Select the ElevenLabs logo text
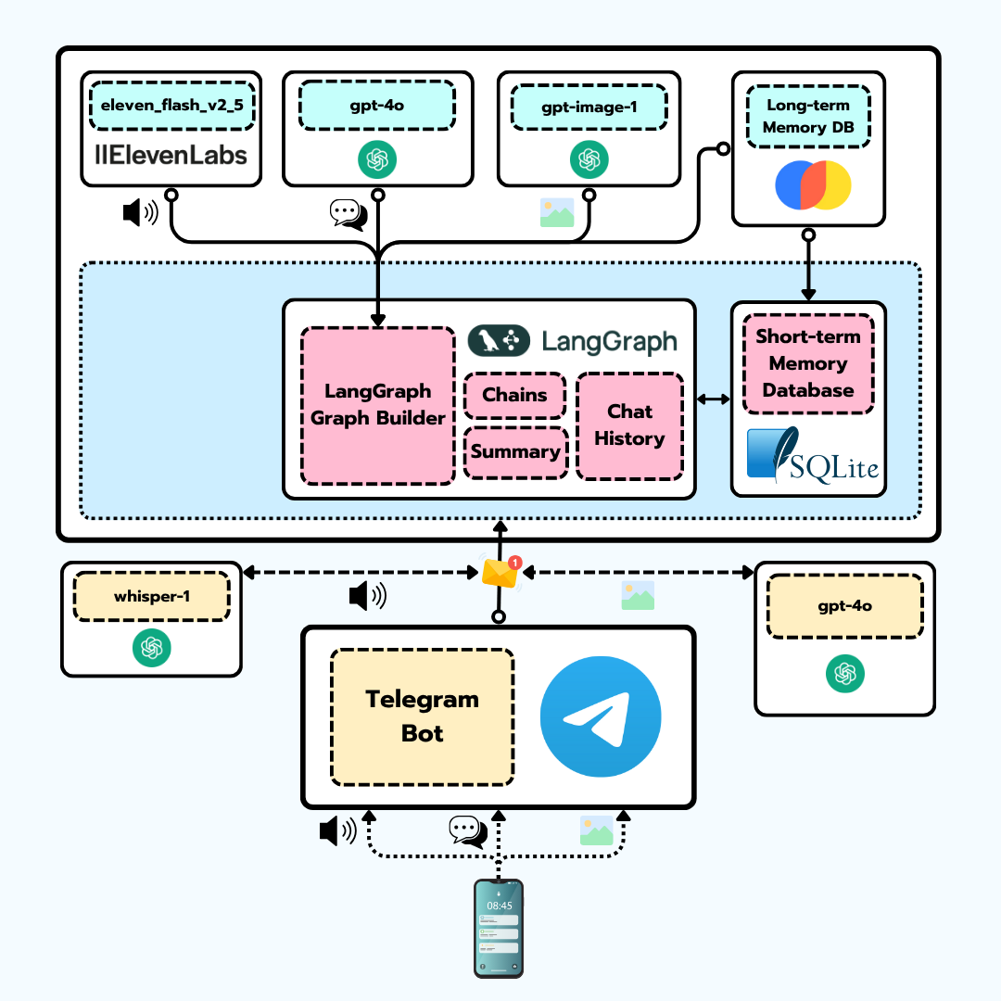pos(171,154)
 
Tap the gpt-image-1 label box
pos(589,107)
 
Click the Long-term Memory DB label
pos(808,116)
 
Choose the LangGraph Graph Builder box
pos(378,405)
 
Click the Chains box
pos(514,395)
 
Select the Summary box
pos(515,452)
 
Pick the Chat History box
pos(629,425)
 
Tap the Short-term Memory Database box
pos(808,363)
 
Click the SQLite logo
pos(812,454)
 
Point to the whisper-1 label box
pos(152,596)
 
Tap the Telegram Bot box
pos(423,716)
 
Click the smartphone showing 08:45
pos(499,928)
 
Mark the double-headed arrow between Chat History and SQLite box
pos(713,399)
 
